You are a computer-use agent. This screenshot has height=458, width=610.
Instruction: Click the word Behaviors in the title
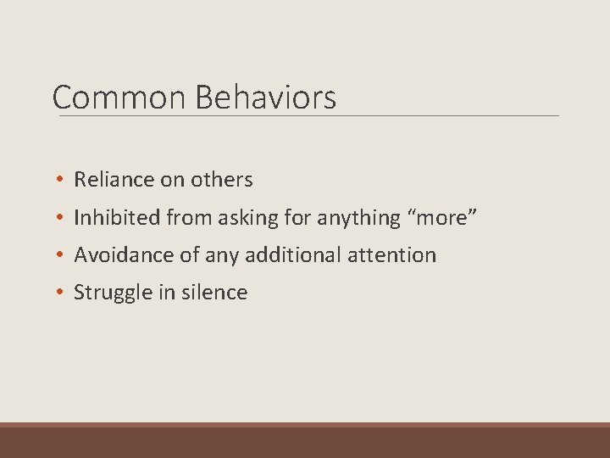coord(265,98)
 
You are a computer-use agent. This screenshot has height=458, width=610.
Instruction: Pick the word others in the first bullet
coord(221,180)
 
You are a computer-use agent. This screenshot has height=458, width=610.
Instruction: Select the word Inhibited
coord(117,218)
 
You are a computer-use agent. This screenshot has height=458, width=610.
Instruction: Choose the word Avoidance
coord(119,255)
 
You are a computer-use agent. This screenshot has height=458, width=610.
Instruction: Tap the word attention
coord(394,255)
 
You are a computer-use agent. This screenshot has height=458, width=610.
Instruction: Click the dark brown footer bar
coord(305,442)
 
